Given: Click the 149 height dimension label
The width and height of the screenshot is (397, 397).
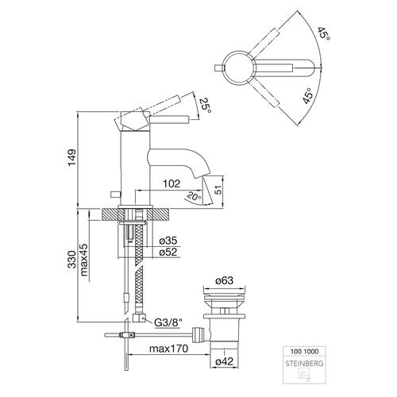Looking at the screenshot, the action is click(72, 158).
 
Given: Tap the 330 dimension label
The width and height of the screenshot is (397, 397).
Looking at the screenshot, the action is click(72, 260).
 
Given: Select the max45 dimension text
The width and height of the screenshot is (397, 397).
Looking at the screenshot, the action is click(84, 260).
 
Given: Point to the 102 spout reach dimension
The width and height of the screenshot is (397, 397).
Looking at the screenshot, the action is click(172, 183).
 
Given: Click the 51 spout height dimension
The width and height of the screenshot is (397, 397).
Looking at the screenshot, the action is click(218, 190).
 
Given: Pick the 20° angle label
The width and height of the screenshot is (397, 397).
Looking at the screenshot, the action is click(194, 196).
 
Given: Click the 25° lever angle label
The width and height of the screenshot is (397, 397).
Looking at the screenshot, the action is click(206, 106).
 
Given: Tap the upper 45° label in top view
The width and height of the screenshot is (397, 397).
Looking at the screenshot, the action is click(324, 33).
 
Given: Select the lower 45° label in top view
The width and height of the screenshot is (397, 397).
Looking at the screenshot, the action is click(309, 96).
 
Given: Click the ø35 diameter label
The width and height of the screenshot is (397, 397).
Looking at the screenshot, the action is click(168, 241).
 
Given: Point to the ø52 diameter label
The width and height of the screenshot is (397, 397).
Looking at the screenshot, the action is click(168, 252).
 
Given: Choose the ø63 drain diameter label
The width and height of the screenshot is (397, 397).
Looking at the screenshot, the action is click(224, 280).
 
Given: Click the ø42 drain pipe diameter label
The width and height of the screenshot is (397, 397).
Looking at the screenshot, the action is click(224, 361).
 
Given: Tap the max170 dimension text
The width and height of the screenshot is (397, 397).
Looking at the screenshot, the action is click(169, 349).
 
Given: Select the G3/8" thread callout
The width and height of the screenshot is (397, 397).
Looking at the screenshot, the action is click(168, 322).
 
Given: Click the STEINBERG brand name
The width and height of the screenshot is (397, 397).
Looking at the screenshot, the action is click(304, 364).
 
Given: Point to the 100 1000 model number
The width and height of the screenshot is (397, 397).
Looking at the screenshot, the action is click(304, 352).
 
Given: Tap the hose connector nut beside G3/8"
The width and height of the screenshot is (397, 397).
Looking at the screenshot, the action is click(139, 318).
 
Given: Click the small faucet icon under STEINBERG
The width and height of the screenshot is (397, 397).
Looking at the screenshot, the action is click(305, 376).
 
